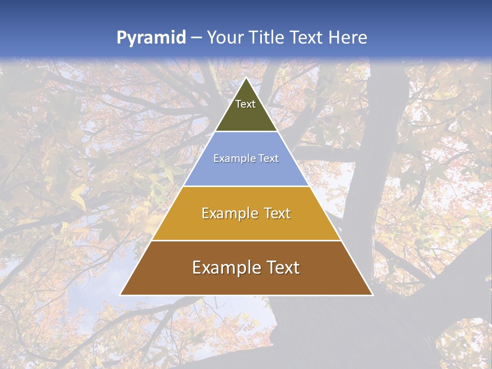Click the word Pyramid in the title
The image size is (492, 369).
[151, 38]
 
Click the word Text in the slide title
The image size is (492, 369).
[307, 37]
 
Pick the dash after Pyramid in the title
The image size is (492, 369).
[196, 38]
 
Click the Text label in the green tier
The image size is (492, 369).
[245, 105]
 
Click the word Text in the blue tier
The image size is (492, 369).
[270, 159]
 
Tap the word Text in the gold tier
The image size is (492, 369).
[277, 213]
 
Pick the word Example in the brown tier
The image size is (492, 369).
[224, 268]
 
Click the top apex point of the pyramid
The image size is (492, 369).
[246, 78]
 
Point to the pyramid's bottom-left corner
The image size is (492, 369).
[120, 295]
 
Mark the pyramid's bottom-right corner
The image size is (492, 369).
[372, 295]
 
